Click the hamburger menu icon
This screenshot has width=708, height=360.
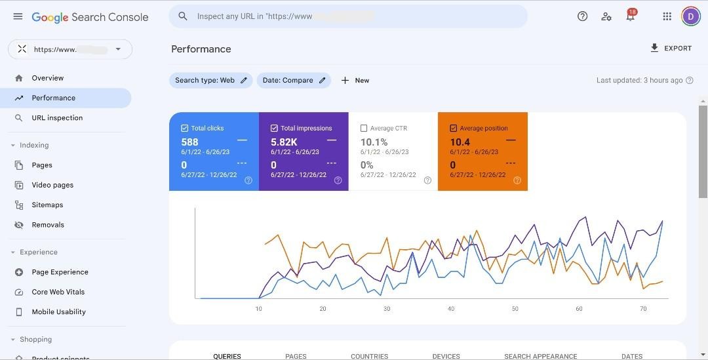pyautogui.click(x=18, y=16)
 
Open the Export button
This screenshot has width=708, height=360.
pyautogui.click(x=671, y=49)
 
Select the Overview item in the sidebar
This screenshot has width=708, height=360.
pyautogui.click(x=48, y=78)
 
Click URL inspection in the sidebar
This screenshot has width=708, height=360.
pyautogui.click(x=57, y=118)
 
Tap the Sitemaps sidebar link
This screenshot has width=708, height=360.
pyautogui.click(x=47, y=205)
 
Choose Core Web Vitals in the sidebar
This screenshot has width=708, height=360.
pyautogui.click(x=58, y=292)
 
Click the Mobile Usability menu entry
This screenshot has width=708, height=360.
pyautogui.click(x=58, y=312)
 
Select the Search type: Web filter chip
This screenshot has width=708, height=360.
pyautogui.click(x=210, y=81)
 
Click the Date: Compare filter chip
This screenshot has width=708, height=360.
pyautogui.click(x=294, y=81)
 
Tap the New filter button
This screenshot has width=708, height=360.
pyautogui.click(x=355, y=81)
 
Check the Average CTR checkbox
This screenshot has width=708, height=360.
pyautogui.click(x=364, y=129)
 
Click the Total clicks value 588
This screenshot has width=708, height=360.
pyautogui.click(x=189, y=142)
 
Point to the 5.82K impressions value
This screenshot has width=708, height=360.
pyautogui.click(x=284, y=142)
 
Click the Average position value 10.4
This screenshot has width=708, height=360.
pyautogui.click(x=460, y=142)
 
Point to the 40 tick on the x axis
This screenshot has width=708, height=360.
pyautogui.click(x=451, y=309)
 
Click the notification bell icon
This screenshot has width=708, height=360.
pyautogui.click(x=630, y=17)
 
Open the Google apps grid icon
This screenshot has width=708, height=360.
pyautogui.click(x=667, y=16)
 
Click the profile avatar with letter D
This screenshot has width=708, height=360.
pyautogui.click(x=691, y=16)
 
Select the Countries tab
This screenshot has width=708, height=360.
pyautogui.click(x=369, y=356)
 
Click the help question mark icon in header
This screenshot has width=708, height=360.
pyautogui.click(x=582, y=16)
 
